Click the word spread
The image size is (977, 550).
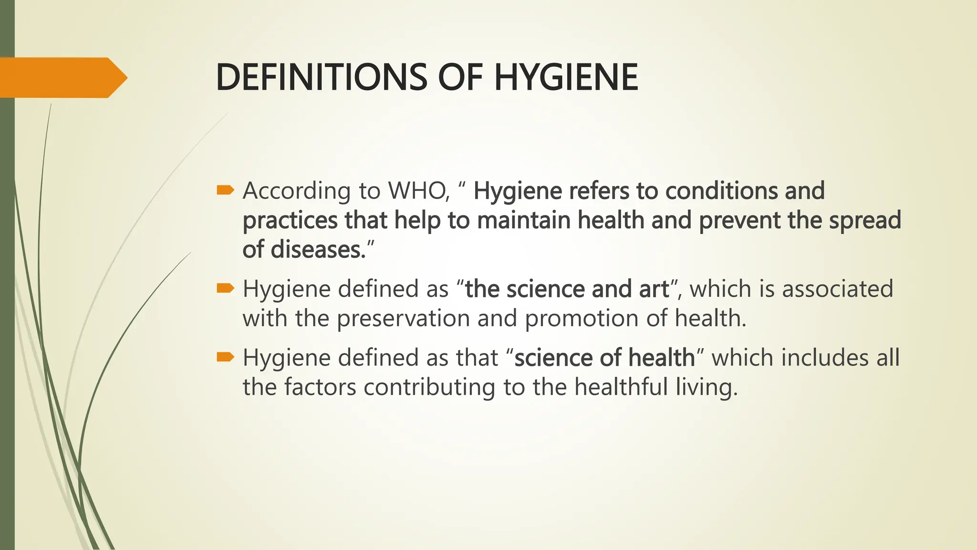point(864,221)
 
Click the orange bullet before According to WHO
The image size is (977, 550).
point(225,190)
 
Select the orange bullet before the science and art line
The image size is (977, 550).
point(225,288)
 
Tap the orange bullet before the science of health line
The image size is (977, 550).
point(225,357)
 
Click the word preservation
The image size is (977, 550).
point(404,318)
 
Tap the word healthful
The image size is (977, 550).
point(621,387)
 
